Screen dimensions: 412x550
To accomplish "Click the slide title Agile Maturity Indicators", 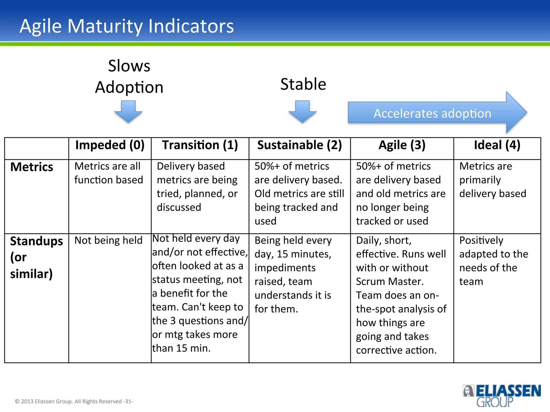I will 127,26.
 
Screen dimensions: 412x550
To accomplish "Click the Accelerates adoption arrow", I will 432,113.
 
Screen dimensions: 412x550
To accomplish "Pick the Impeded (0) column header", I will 110,145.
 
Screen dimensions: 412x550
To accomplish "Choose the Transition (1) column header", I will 200,145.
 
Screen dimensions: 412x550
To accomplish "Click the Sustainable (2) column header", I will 299,145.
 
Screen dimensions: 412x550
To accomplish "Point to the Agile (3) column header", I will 402,145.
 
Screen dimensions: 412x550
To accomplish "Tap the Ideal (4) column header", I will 497,145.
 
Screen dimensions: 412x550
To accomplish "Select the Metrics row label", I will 32,167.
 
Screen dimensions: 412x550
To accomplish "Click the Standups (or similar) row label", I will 36,257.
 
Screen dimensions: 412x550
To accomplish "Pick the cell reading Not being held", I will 108,240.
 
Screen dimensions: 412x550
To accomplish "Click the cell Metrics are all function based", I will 108,173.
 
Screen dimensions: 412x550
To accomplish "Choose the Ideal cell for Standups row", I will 493,261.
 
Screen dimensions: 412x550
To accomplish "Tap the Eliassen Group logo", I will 501,395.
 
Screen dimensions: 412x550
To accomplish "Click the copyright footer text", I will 74,401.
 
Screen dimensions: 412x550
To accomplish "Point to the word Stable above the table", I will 303,84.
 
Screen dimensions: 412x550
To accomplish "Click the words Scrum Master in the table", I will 390,281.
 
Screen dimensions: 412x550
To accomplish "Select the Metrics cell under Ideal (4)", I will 492,180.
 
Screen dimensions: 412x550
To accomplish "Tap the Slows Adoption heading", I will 129,76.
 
